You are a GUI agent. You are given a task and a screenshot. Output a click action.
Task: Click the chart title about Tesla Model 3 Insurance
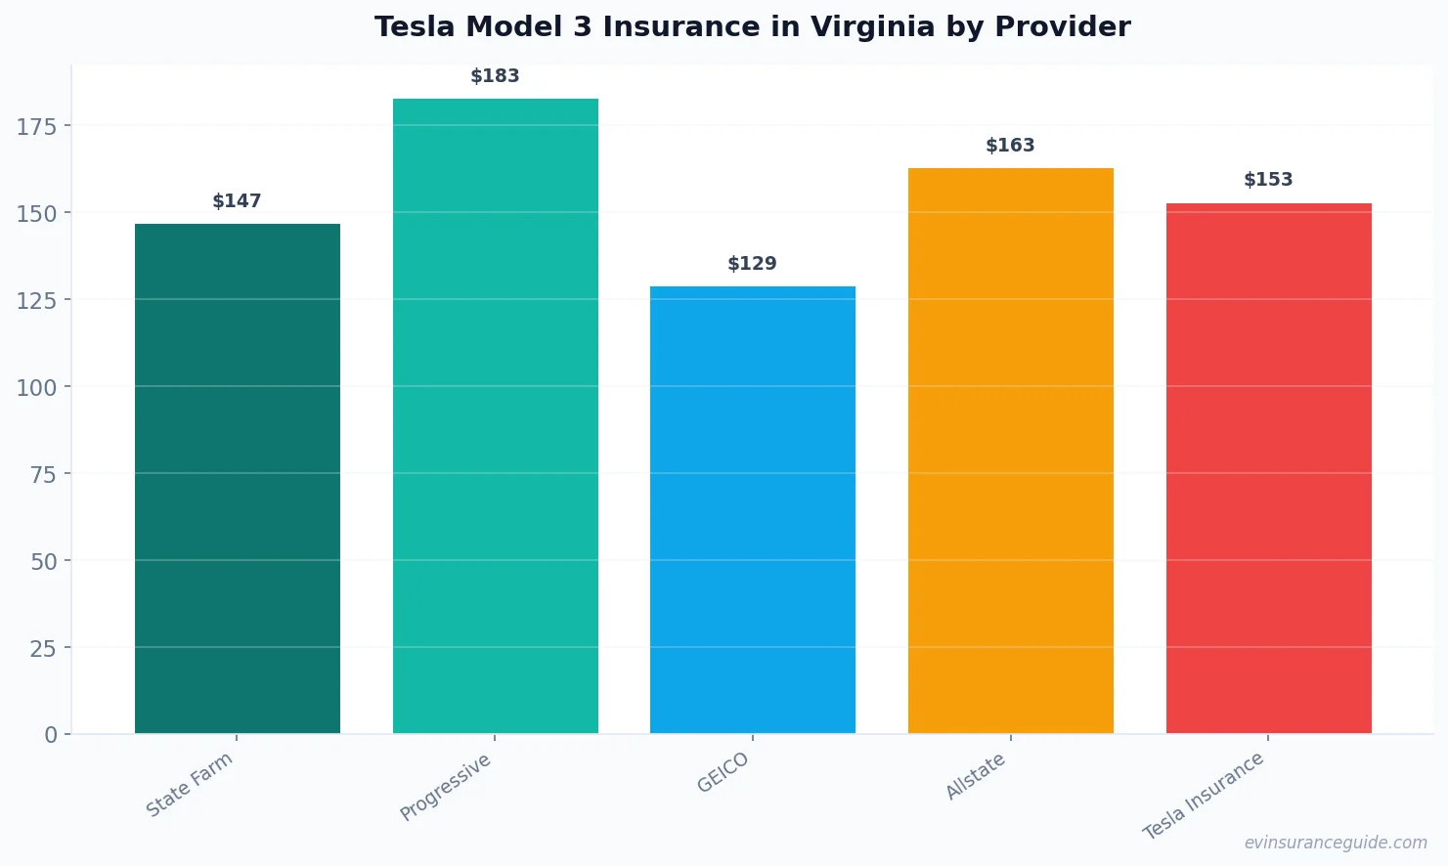click(x=752, y=27)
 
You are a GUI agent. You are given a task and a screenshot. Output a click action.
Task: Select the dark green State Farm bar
click(x=238, y=478)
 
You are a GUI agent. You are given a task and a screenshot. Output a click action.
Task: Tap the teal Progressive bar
click(x=495, y=415)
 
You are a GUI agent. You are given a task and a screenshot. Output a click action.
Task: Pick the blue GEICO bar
click(x=753, y=509)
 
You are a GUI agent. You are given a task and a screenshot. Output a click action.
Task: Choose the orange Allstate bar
click(x=1010, y=451)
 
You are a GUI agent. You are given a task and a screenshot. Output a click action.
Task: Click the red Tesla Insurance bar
click(x=1268, y=468)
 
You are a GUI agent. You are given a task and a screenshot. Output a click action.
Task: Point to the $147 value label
click(x=238, y=201)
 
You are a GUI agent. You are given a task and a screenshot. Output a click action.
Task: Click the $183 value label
click(x=495, y=76)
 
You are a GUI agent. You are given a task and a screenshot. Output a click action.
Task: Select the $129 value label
click(x=753, y=264)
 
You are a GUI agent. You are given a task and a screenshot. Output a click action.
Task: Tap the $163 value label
click(x=1010, y=146)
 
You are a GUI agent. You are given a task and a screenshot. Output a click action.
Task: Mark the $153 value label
click(x=1268, y=180)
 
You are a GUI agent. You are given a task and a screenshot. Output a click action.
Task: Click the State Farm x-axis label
click(x=191, y=784)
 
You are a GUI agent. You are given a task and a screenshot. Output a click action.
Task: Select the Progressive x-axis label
click(x=446, y=787)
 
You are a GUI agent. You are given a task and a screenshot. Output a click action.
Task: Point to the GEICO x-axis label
click(x=724, y=772)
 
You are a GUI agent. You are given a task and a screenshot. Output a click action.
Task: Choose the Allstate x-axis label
click(x=976, y=777)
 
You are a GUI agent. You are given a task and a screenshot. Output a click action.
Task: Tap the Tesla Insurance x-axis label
click(x=1205, y=796)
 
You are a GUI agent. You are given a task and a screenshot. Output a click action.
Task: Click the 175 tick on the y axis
click(x=37, y=126)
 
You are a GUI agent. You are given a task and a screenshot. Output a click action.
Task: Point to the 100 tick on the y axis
click(x=37, y=387)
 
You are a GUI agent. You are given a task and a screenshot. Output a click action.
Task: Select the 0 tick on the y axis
click(x=51, y=735)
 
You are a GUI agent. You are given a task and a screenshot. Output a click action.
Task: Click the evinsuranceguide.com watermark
click(x=1336, y=843)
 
